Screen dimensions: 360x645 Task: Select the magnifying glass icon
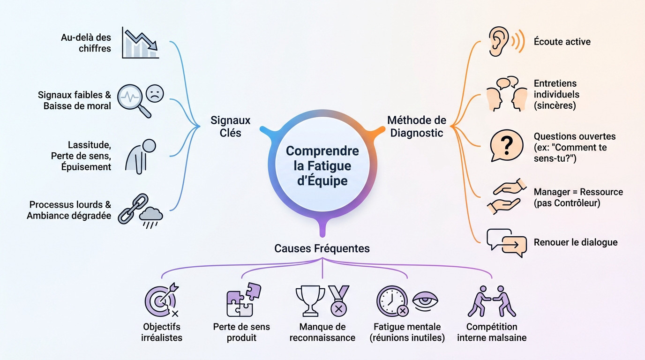coord(133,100)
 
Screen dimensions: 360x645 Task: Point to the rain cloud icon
coord(151,216)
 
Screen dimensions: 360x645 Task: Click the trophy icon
coord(310,300)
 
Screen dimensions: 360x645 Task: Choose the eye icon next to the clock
coord(427,300)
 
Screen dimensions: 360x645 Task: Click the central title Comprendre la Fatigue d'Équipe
coord(322,165)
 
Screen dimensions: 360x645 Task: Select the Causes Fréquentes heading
coord(322,248)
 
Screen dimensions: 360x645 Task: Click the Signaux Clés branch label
coord(230,127)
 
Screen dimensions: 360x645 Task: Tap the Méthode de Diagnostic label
coord(417,127)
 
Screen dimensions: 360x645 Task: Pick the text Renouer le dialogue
coord(576,242)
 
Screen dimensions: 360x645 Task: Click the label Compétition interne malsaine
coord(492,332)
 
